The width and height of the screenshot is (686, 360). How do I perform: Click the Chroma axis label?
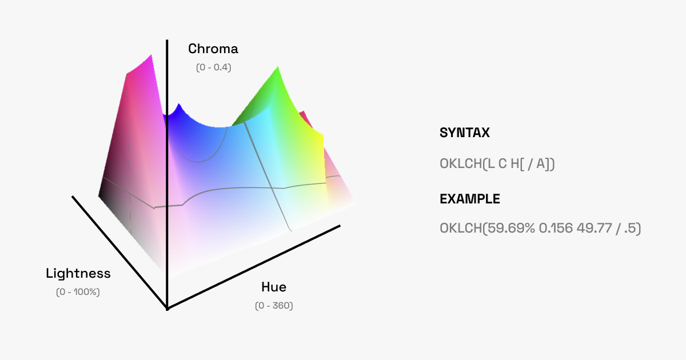(x=213, y=49)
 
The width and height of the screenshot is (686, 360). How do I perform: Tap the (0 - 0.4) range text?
(x=213, y=67)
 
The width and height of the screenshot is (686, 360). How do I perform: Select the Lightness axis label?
(x=78, y=274)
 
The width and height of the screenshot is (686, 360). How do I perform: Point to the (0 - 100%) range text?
(x=78, y=292)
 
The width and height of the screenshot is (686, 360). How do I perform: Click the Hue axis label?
(x=274, y=287)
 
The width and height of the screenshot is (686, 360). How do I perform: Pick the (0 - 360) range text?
(x=274, y=306)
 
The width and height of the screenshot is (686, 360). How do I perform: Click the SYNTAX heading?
(x=465, y=133)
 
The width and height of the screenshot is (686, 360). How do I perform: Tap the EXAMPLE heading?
(x=470, y=199)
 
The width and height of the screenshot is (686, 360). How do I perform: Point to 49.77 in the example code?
(x=594, y=229)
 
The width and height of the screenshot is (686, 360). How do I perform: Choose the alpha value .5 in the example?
(x=630, y=229)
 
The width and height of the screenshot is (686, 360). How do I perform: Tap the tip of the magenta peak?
(x=151, y=55)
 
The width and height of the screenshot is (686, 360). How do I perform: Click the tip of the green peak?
(x=277, y=66)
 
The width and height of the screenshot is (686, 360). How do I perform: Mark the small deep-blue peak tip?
(x=179, y=105)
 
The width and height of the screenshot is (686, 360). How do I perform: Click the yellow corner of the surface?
(x=323, y=135)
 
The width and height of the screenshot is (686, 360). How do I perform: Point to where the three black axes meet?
(x=167, y=308)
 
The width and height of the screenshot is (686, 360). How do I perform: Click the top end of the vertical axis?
(x=167, y=40)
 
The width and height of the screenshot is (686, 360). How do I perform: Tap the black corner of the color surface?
(x=99, y=195)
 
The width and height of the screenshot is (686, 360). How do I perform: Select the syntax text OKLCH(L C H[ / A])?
(x=497, y=164)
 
